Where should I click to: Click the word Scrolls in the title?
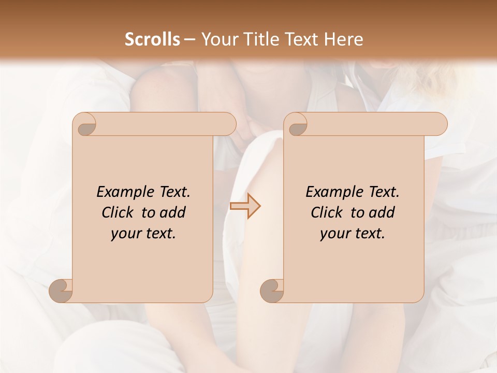point(152,39)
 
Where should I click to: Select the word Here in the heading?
point(344,39)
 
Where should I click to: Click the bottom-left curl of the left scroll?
point(61,290)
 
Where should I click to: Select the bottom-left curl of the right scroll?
point(272,290)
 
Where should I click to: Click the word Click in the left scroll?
point(116,212)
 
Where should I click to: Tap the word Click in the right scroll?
point(326,212)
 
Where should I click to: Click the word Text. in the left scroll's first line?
point(173,192)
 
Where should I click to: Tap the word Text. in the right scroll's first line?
point(382,192)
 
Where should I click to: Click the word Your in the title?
point(217,39)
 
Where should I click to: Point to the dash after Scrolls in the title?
point(189,40)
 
